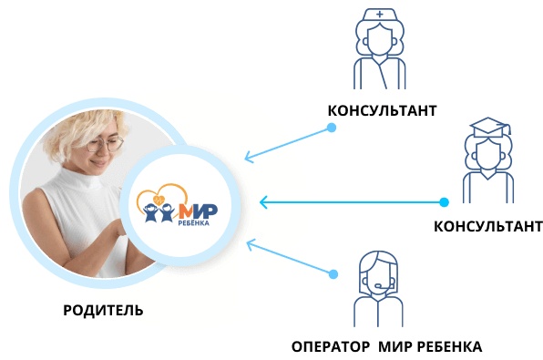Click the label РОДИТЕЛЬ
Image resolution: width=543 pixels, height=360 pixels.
(x=103, y=310)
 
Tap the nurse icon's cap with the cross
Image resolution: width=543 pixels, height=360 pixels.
(x=380, y=15)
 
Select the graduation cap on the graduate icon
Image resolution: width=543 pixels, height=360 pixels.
(x=488, y=128)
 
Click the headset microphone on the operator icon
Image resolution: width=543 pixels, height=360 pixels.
(x=381, y=286)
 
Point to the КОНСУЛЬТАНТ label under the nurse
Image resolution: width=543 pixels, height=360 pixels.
(x=382, y=110)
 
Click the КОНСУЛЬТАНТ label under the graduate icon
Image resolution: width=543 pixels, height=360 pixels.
(x=488, y=227)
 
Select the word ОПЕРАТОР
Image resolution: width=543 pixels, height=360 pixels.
(x=331, y=346)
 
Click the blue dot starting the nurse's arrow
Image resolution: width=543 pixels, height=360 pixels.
(x=332, y=128)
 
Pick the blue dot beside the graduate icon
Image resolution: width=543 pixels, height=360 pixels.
(x=444, y=202)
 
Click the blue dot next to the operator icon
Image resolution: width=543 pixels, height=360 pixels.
(x=333, y=274)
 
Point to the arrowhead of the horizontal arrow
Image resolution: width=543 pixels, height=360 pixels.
(x=264, y=202)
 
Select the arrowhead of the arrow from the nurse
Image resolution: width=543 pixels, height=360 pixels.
(x=250, y=158)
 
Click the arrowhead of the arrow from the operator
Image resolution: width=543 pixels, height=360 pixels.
(x=251, y=244)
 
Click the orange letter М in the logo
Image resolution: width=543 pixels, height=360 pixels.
(x=186, y=211)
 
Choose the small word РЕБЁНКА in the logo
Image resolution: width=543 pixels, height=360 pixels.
(x=193, y=223)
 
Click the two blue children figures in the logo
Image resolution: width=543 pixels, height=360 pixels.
(x=159, y=212)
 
